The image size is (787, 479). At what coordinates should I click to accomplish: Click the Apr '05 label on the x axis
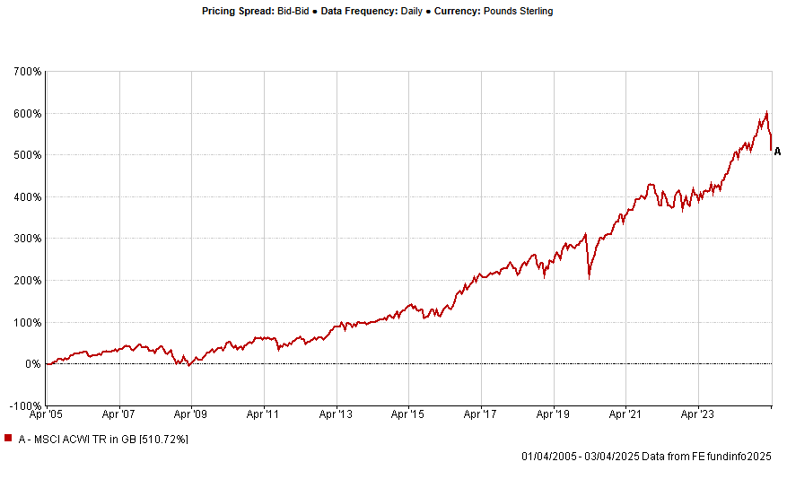pos(46,415)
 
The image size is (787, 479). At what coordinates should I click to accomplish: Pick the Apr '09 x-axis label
pos(191,415)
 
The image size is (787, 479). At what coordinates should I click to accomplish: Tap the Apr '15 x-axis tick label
pos(409,415)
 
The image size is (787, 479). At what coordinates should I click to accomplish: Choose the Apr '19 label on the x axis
pos(554,415)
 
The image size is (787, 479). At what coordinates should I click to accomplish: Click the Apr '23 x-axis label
pos(699,415)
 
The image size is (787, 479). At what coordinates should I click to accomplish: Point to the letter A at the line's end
pos(777,152)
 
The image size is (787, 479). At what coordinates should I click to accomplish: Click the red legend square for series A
pos(8,438)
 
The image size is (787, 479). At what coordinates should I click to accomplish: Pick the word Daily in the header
pos(400,12)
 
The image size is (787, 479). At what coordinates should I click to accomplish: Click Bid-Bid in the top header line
pos(295,12)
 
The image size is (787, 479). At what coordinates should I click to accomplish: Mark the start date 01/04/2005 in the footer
pos(547,457)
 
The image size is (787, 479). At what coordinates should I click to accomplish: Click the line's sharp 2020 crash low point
pos(589,279)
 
